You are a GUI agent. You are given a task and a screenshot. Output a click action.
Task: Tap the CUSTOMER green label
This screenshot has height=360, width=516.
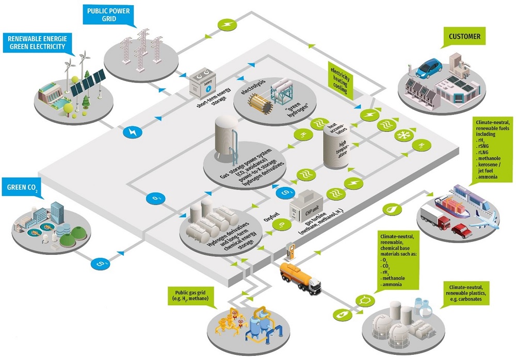[x=464, y=37]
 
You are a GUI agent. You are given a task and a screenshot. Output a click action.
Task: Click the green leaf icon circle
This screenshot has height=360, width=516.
[x=391, y=209]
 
